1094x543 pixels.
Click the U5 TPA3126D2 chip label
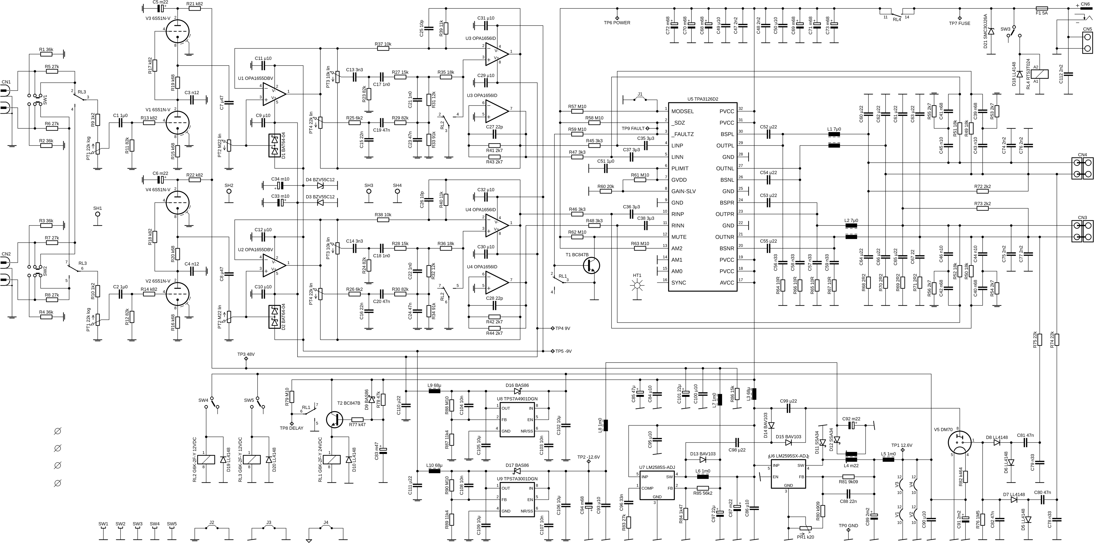[703, 99]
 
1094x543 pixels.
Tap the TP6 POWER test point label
[617, 22]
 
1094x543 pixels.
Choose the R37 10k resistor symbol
[383, 48]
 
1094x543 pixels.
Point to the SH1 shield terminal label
[98, 208]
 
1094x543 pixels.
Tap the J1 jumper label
[640, 94]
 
